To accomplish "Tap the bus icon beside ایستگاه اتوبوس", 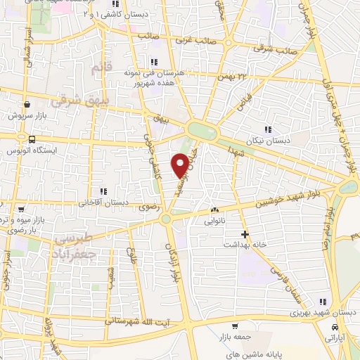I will point(32,139).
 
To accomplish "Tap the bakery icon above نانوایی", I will point(214,210).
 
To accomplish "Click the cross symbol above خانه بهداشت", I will point(245,233).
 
